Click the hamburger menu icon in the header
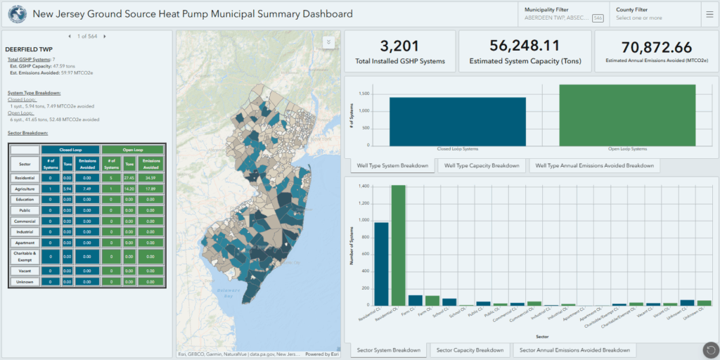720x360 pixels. (x=709, y=14)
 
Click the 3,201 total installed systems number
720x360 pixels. (x=399, y=46)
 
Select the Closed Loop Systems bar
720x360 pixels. (x=457, y=121)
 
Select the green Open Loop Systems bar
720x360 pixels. (x=627, y=115)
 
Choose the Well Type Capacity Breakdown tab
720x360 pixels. (x=481, y=166)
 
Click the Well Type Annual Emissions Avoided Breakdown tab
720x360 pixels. (x=594, y=166)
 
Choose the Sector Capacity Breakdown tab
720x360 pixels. (x=470, y=350)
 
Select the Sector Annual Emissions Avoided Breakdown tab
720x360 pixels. (x=574, y=350)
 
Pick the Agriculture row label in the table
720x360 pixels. (x=25, y=189)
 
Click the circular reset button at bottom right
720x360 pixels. (x=710, y=350)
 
